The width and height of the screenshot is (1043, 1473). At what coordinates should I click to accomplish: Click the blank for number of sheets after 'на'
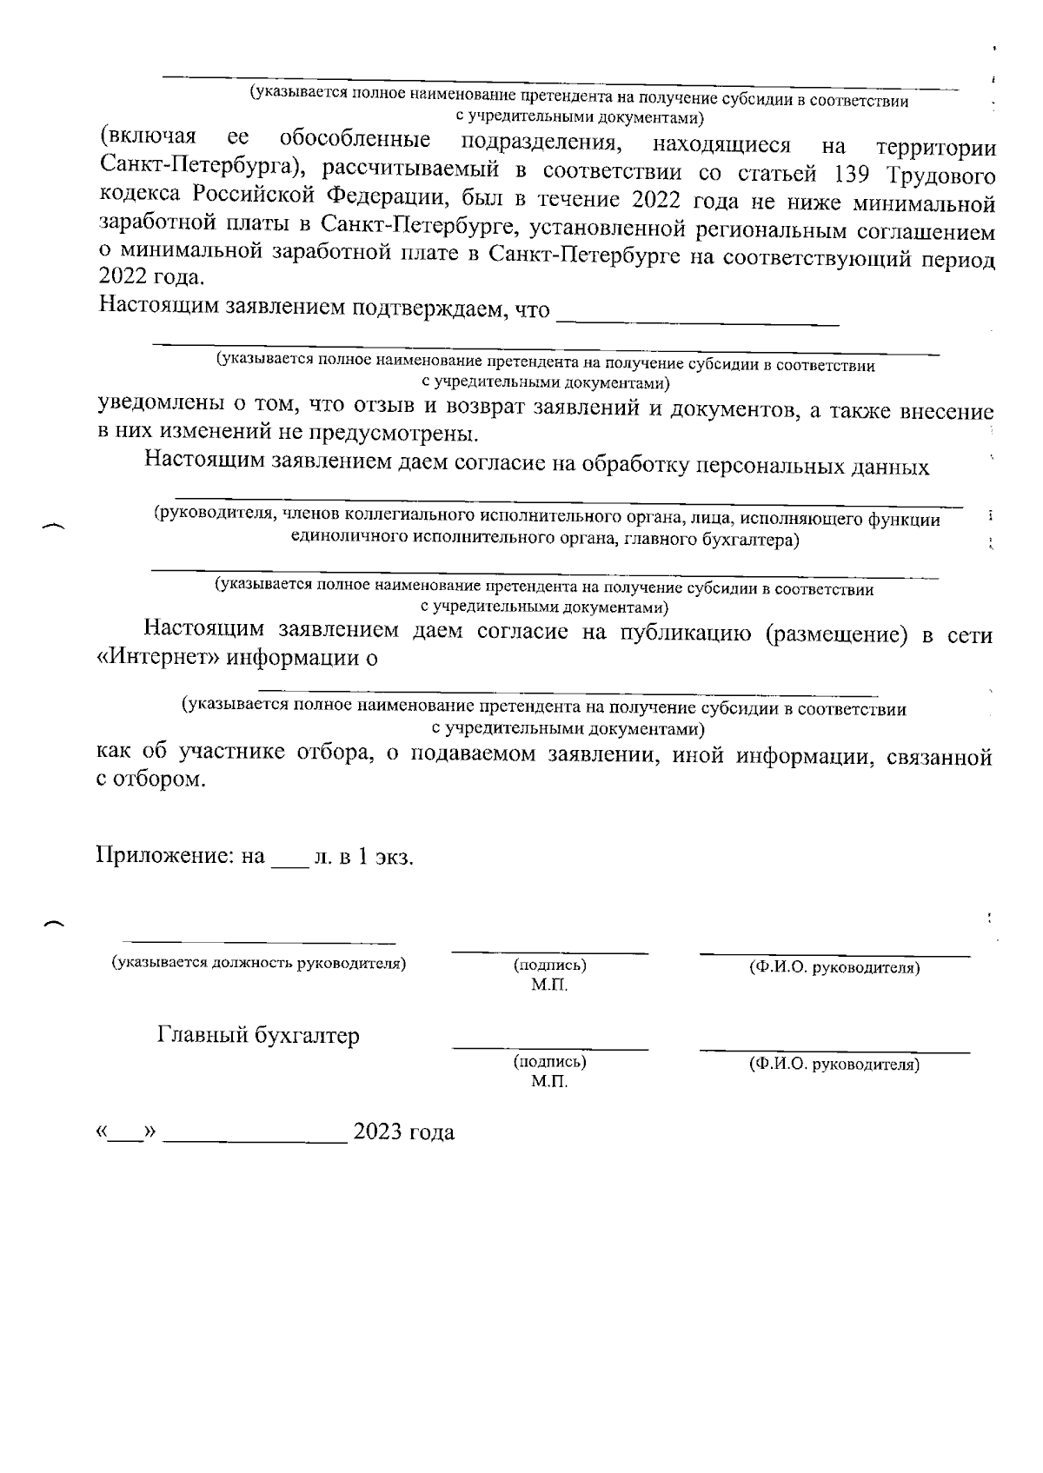click(289, 863)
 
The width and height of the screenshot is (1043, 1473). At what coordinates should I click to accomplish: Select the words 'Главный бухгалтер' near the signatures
click(258, 1036)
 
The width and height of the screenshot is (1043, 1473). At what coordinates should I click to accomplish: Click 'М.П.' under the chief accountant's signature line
click(549, 1082)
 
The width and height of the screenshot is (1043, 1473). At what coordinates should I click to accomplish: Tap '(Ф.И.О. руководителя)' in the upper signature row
click(834, 967)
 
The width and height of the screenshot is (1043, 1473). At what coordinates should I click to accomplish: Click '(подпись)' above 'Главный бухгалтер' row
click(549, 965)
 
